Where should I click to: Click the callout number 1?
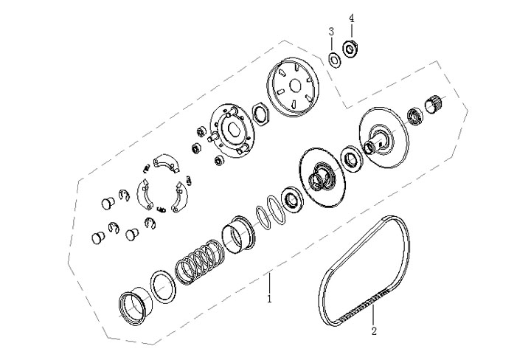pyautogui.click(x=270, y=300)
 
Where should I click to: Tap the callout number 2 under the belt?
pyautogui.click(x=373, y=330)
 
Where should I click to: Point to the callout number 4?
pyautogui.click(x=352, y=17)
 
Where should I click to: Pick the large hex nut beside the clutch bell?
pyautogui.click(x=260, y=114)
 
